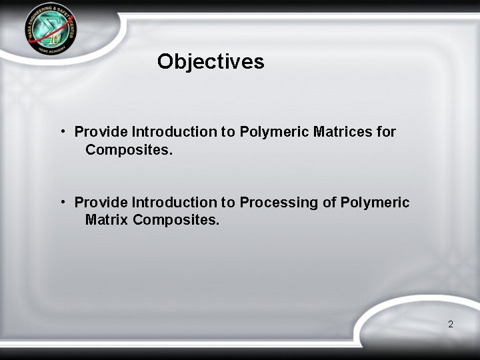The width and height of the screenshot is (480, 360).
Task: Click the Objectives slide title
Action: (x=211, y=62)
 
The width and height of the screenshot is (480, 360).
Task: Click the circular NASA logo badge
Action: (x=51, y=31)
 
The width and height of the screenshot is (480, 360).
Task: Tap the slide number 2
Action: (x=451, y=324)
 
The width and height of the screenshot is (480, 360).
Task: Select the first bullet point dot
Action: (x=61, y=131)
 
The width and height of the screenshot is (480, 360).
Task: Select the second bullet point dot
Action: (x=61, y=201)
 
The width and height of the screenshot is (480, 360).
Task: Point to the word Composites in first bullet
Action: (x=129, y=150)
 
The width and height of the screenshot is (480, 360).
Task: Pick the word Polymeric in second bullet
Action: (x=375, y=202)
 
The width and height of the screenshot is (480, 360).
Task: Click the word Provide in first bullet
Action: (x=101, y=131)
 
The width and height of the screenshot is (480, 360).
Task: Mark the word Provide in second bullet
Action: (x=101, y=202)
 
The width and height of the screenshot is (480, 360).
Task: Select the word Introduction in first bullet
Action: (x=175, y=131)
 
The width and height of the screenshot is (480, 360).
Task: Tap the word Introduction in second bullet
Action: (x=175, y=202)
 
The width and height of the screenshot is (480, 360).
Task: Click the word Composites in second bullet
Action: (x=176, y=219)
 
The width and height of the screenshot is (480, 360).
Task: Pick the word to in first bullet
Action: (x=229, y=131)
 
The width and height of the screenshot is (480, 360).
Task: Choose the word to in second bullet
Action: (x=229, y=202)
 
